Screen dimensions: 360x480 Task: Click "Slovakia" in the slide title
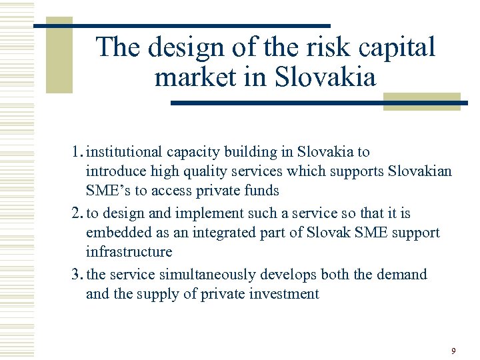pos(325,77)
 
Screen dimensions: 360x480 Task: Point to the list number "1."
pos(77,152)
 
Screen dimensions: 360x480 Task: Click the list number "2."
pos(77,213)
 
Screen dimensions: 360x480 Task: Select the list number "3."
pos(77,275)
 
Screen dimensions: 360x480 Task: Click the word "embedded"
pos(115,233)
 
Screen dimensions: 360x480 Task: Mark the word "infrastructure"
pos(129,252)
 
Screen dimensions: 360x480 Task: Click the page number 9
pos(454,351)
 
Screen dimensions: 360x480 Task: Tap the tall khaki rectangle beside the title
pos(59,57)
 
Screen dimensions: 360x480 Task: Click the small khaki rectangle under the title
pos(421,101)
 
